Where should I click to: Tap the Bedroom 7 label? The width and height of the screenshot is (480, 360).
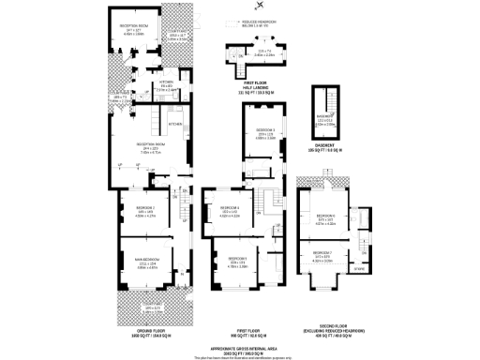[x=323, y=251]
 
